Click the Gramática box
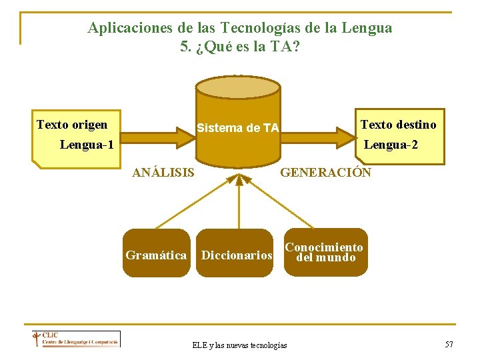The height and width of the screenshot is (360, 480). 156,255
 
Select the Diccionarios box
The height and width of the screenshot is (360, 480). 237,255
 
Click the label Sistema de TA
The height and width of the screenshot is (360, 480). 238,127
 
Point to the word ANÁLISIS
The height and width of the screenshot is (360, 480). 163,173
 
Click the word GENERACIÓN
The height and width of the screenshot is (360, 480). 325,173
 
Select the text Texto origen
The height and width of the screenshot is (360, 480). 72,125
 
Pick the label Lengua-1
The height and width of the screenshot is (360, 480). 87,144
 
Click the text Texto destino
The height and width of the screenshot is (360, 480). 399,125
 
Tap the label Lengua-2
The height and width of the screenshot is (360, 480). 391,144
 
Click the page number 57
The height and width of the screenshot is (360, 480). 449,344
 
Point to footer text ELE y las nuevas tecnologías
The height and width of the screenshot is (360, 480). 239,345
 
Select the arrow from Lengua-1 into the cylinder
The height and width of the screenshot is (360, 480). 153,137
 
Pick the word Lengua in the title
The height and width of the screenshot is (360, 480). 366,28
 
